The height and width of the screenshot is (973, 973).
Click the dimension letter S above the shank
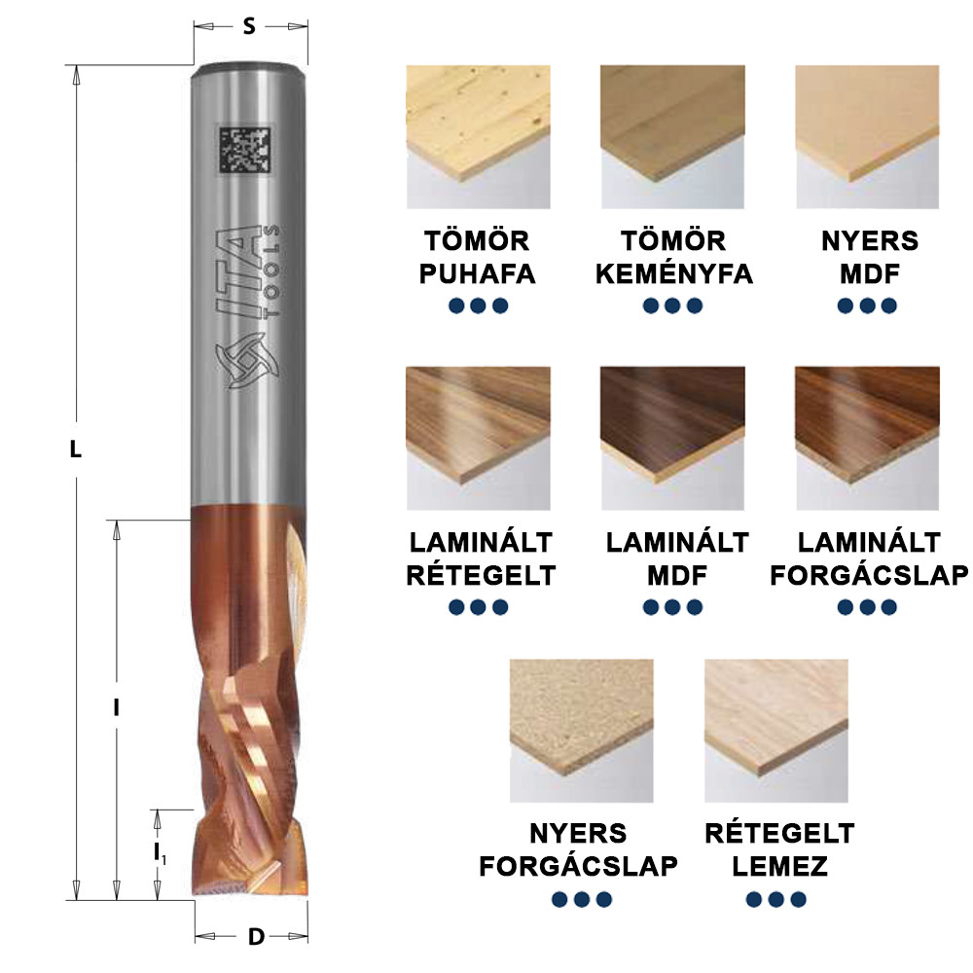coord(249,26)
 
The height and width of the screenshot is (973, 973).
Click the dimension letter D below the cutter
coord(256,937)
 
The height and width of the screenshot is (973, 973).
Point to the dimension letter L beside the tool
coord(75,449)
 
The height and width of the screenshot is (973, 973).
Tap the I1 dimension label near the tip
coord(160,852)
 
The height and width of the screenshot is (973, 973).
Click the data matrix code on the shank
coord(244,150)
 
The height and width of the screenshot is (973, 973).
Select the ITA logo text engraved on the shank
coord(238,273)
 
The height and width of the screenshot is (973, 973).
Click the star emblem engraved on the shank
coord(247,361)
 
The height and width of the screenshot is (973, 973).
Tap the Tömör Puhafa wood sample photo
coord(478,136)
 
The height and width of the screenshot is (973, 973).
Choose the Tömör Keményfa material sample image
coord(672,136)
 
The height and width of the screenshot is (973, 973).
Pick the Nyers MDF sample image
coord(868,136)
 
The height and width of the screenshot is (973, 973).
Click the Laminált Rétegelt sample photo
coord(478,438)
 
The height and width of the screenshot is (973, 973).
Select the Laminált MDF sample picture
coord(672,438)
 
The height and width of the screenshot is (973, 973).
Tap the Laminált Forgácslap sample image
coord(868,438)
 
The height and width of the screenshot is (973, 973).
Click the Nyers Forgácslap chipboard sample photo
coord(582,731)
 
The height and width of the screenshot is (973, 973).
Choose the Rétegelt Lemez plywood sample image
coord(776,731)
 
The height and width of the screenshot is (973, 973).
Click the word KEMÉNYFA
coord(674,273)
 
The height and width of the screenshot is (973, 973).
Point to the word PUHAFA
coord(477,273)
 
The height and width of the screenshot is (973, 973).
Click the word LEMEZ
coord(780,866)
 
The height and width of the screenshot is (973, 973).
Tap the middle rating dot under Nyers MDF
coord(868,306)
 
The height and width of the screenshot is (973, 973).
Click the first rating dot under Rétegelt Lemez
coord(754,899)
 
